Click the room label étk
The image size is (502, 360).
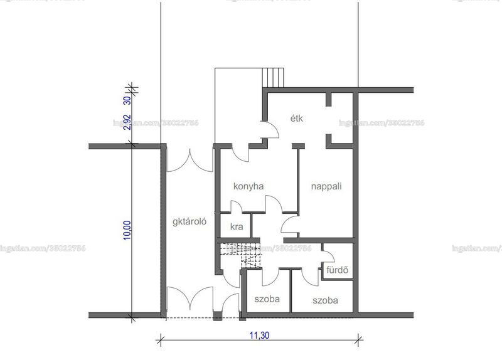pyautogui.click(x=296, y=119)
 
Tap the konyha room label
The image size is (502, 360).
pyautogui.click(x=248, y=186)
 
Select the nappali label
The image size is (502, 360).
pyautogui.click(x=326, y=186)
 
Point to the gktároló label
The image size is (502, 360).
pyautogui.click(x=190, y=221)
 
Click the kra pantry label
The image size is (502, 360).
pyautogui.click(x=237, y=226)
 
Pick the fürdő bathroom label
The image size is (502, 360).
pyautogui.click(x=337, y=270)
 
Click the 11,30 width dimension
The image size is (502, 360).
pyautogui.click(x=259, y=336)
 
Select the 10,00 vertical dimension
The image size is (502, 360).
pyautogui.click(x=127, y=230)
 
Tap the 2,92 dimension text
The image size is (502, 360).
pyautogui.click(x=127, y=122)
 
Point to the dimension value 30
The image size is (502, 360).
pyautogui.click(x=127, y=100)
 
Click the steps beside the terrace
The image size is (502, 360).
pyautogui.click(x=273, y=77)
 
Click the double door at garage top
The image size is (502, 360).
pyautogui.click(x=190, y=161)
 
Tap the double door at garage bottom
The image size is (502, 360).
pyautogui.click(x=190, y=299)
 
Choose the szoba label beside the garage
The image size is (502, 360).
pyautogui.click(x=267, y=299)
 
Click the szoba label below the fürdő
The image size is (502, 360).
pyautogui.click(x=325, y=300)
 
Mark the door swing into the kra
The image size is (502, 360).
pyautogui.click(x=237, y=206)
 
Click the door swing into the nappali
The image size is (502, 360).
pyautogui.click(x=290, y=224)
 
